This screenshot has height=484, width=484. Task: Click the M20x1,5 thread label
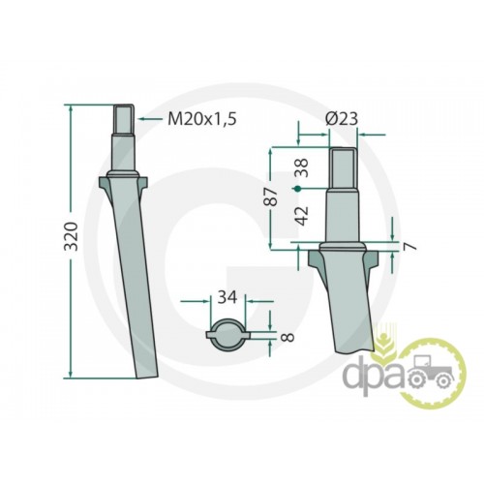(202, 119)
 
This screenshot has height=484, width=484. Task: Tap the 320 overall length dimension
(72, 236)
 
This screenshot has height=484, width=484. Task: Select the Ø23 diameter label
(342, 119)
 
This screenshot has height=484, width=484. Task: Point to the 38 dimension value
(302, 167)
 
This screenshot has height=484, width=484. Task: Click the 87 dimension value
(270, 197)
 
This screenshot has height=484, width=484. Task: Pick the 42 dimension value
(302, 216)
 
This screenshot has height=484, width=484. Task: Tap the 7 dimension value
(410, 247)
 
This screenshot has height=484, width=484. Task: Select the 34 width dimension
(227, 297)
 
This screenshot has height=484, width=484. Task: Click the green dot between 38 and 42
(298, 189)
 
